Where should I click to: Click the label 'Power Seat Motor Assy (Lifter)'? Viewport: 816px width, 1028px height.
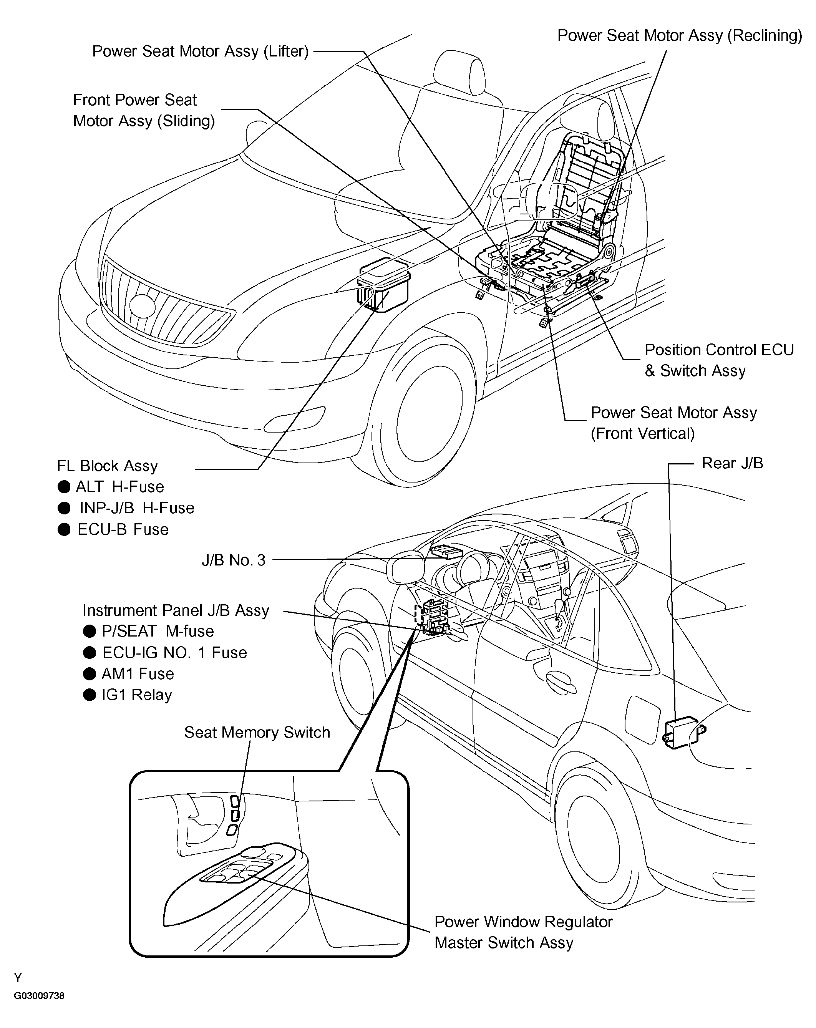click(200, 51)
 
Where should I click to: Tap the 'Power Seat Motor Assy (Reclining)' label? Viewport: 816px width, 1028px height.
click(679, 36)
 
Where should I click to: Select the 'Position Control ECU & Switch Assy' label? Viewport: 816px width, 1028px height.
click(719, 360)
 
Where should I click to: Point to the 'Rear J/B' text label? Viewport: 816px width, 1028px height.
click(732, 463)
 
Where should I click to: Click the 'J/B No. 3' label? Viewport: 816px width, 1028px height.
click(233, 560)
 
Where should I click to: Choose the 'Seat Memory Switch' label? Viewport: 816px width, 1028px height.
click(257, 732)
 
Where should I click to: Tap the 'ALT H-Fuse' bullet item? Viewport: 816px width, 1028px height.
click(119, 486)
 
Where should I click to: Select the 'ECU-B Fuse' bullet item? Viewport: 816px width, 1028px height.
click(123, 529)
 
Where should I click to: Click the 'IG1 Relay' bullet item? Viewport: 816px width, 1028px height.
click(136, 695)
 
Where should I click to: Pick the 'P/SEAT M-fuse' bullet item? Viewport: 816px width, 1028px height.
click(158, 631)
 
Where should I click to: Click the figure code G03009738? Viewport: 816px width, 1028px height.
click(39, 996)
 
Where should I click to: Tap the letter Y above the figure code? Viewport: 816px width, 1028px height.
click(18, 978)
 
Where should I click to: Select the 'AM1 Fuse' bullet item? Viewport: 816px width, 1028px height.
click(138, 673)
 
